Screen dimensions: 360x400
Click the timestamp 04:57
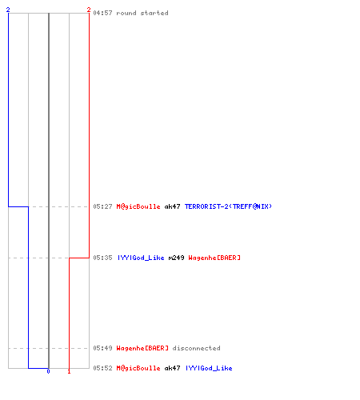pyautogui.click(x=102, y=13)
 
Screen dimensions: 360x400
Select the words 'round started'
pyautogui.click(x=142, y=13)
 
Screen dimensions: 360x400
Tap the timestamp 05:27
pyautogui.click(x=102, y=206)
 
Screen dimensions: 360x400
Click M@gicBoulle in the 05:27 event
pyautogui.click(x=138, y=206)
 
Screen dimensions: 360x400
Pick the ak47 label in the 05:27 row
pyautogui.click(x=172, y=206)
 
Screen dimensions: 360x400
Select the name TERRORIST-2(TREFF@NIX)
pyautogui.click(x=228, y=206)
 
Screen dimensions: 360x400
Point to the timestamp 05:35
pyautogui.click(x=102, y=258)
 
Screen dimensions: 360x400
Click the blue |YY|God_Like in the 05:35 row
pyautogui.click(x=141, y=258)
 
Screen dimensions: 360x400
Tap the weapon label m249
pyautogui.click(x=176, y=258)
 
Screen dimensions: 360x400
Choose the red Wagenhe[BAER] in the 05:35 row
pyautogui.click(x=214, y=258)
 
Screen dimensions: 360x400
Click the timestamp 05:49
pyautogui.click(x=102, y=348)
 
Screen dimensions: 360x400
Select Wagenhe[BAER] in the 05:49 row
pyautogui.click(x=142, y=348)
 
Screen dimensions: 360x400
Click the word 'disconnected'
pyautogui.click(x=197, y=348)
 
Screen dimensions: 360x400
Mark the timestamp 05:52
pyautogui.click(x=102, y=368)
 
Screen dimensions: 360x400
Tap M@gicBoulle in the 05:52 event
pyautogui.click(x=138, y=368)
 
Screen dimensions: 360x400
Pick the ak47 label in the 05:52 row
pyautogui.click(x=172, y=368)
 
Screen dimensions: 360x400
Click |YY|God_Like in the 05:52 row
pyautogui.click(x=209, y=368)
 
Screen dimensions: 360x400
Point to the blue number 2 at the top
pyautogui.click(x=8, y=10)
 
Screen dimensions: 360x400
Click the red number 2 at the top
pyautogui.click(x=89, y=10)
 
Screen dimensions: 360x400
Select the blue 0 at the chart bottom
pyautogui.click(x=48, y=371)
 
